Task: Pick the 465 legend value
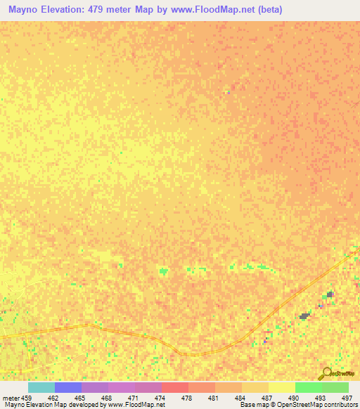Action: (x=80, y=398)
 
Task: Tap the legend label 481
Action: (x=213, y=398)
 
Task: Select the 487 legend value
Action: (x=267, y=398)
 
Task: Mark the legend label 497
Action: (x=346, y=398)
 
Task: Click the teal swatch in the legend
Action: (x=41, y=387)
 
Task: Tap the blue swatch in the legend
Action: (x=68, y=387)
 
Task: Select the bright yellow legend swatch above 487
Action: (x=281, y=387)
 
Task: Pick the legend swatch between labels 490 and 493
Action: (x=308, y=387)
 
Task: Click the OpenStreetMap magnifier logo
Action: (x=324, y=372)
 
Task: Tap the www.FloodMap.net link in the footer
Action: (x=136, y=405)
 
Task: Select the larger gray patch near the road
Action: (x=304, y=317)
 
